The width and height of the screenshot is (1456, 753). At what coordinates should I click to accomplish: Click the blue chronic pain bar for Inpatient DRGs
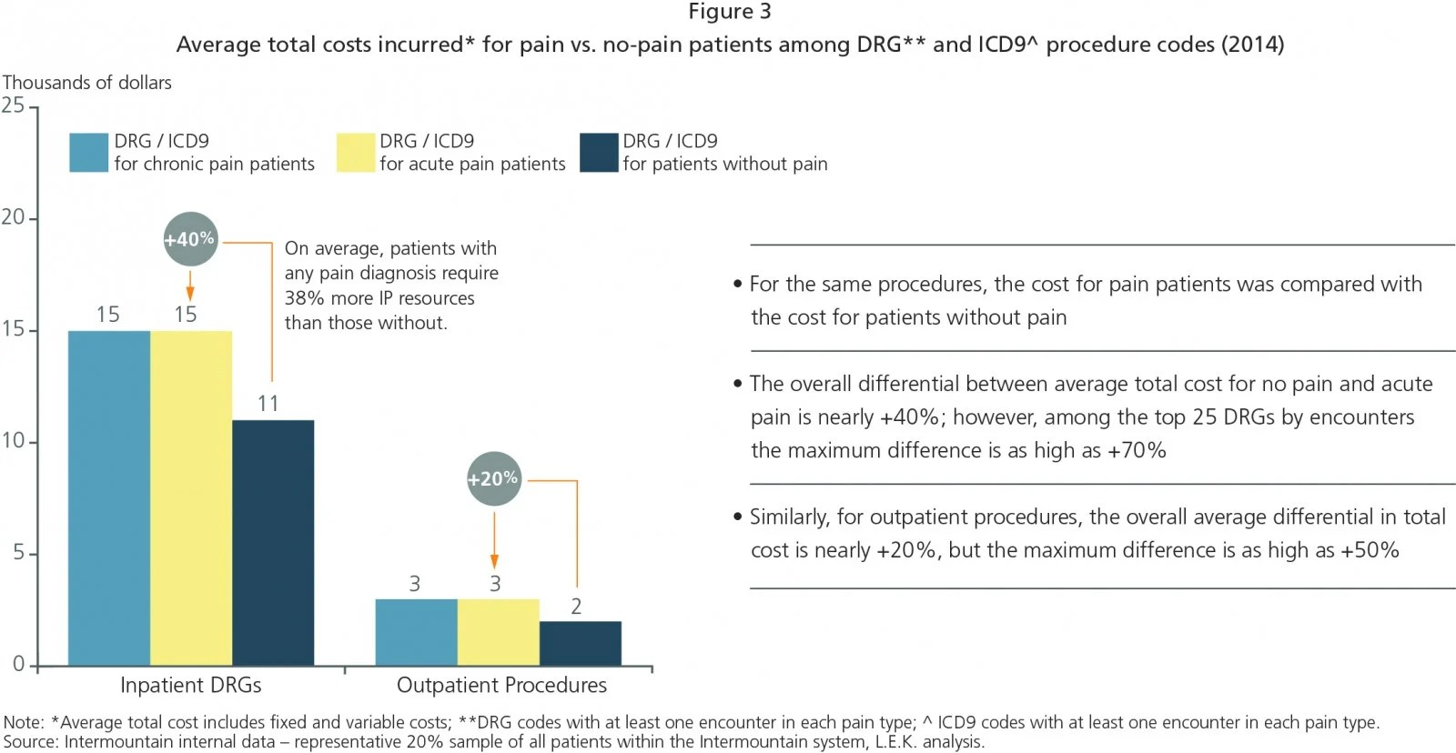pos(109,497)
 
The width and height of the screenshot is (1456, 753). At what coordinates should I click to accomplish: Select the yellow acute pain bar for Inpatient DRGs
pos(191,497)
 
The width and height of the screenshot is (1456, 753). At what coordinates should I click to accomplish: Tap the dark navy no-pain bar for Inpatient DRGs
pos(273,542)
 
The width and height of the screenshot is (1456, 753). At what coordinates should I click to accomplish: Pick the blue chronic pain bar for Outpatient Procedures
pos(416,632)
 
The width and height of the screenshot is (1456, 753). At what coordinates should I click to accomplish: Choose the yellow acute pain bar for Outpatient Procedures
pos(498,632)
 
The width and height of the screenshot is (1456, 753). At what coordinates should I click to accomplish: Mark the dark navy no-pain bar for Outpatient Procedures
pos(580,643)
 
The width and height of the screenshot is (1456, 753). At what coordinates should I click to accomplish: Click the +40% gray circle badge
pos(190,239)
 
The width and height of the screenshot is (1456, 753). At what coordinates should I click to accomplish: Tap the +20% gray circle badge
pos(493,478)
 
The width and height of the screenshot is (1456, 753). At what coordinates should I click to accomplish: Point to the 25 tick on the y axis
pos(14,105)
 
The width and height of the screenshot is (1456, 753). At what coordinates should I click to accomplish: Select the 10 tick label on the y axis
pos(14,441)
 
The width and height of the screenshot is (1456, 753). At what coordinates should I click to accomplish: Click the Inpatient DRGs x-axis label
pos(190,685)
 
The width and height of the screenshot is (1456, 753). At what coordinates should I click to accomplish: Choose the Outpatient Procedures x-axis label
pos(501,685)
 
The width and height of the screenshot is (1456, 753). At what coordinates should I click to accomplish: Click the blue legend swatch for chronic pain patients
pos(88,152)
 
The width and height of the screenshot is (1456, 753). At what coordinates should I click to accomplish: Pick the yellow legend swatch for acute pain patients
pos(355,152)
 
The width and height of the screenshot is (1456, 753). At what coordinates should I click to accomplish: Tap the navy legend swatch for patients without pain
pos(599,152)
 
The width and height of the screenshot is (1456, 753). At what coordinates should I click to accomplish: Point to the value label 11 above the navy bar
pos(268,404)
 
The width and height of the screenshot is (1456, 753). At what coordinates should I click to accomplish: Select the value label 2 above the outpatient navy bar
pos(576,607)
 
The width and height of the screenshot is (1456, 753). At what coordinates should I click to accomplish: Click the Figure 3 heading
pos(729,12)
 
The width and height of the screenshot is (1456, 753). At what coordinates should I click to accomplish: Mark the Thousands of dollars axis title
pos(87,83)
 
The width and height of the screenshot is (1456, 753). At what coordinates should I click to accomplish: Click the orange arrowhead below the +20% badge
pos(494,562)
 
